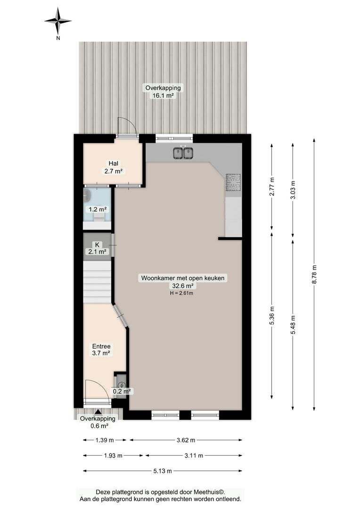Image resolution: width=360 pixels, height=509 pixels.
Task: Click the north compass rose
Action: point(58,21)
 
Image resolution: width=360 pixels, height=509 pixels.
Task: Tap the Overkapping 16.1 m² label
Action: point(163,91)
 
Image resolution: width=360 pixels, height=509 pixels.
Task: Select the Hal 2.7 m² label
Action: point(113,167)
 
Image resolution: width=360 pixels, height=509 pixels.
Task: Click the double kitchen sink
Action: point(183,153)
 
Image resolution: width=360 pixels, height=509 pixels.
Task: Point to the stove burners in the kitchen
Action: point(233,182)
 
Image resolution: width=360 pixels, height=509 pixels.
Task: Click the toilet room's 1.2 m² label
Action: point(98,209)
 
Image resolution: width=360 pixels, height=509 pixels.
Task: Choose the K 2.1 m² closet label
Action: point(97,248)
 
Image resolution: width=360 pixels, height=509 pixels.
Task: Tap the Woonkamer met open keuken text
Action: point(182,278)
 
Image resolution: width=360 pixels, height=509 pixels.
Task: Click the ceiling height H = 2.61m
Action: point(181,293)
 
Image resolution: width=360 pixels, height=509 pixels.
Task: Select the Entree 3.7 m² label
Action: point(101,350)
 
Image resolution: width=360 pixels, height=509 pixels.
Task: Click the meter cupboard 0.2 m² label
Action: point(122,392)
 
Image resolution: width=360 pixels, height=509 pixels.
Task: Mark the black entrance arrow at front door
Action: point(98,411)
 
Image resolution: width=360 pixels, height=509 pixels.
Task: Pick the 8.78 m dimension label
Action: point(314,274)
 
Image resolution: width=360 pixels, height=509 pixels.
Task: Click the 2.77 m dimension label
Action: point(272,186)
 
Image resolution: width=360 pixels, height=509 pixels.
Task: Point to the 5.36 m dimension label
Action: point(272,315)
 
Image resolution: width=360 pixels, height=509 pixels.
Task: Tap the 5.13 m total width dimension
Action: point(162,471)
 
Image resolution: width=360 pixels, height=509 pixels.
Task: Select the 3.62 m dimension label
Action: point(186,440)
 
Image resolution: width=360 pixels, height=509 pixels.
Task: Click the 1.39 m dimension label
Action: point(105,440)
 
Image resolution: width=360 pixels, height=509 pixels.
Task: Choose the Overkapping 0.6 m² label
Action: point(98,422)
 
